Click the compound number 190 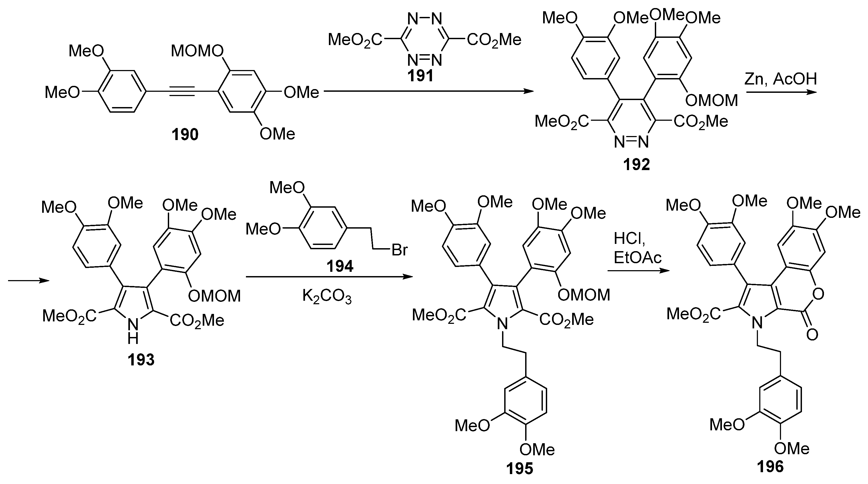[185, 135]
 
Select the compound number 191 [420, 75]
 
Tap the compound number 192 [636, 165]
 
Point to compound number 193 [141, 360]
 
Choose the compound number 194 [340, 266]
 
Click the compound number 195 [520, 468]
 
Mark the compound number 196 [770, 467]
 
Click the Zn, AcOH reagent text [781, 79]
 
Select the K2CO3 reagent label [327, 297]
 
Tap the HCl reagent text [629, 239]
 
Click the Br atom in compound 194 [400, 250]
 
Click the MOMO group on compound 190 [197, 52]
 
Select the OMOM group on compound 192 [711, 101]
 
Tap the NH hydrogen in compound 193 [133, 339]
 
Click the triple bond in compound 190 [182, 91]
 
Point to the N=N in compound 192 [631, 142]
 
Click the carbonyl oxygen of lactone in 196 [812, 335]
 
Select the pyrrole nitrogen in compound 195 [502, 324]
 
